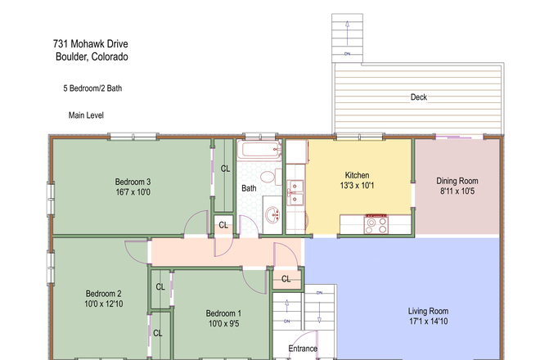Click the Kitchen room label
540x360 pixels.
pyautogui.click(x=357, y=175)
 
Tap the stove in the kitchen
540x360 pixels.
pyautogui.click(x=376, y=224)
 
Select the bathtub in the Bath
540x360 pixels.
pyautogui.click(x=259, y=151)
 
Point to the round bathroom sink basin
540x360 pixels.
pyautogui.click(x=272, y=214)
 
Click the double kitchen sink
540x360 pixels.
pyautogui.click(x=295, y=193)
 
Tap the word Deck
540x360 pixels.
pyautogui.click(x=419, y=97)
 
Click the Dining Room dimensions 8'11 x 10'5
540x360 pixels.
pyautogui.click(x=457, y=191)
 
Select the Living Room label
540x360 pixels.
pyautogui.click(x=429, y=311)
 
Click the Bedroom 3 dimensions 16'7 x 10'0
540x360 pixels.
pyautogui.click(x=133, y=192)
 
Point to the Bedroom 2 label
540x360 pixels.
pyautogui.click(x=104, y=294)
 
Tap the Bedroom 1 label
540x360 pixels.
pyautogui.click(x=223, y=313)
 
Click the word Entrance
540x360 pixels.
pyautogui.click(x=303, y=349)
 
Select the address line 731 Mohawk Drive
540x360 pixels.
pyautogui.click(x=91, y=43)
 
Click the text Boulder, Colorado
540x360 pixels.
pyautogui.click(x=92, y=56)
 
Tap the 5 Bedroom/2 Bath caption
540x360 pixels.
pyautogui.click(x=92, y=88)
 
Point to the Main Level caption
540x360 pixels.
pyautogui.click(x=86, y=115)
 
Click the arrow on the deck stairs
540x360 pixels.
pyautogui.click(x=348, y=33)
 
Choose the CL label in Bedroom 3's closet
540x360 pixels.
pyautogui.click(x=225, y=169)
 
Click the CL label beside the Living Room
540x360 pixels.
pyautogui.click(x=286, y=279)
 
